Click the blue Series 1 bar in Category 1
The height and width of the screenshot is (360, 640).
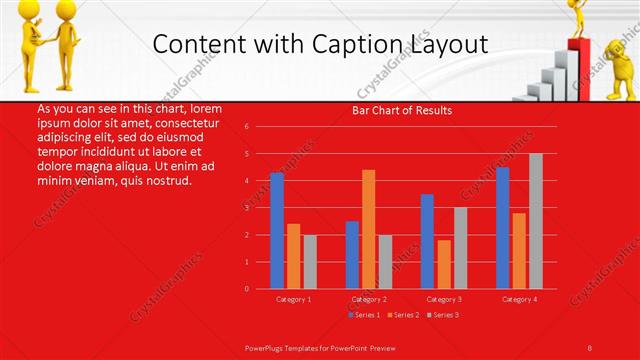[277, 230]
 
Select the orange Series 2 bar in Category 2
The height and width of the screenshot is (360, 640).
[368, 229]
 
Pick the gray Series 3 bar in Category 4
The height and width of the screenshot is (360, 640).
[535, 221]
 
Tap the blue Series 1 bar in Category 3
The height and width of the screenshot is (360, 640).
[427, 241]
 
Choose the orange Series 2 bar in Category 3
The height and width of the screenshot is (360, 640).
[444, 264]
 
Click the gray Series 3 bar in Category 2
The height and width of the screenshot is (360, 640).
[385, 261]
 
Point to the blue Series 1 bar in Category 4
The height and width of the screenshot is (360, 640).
[502, 227]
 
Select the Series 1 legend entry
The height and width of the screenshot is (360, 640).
[363, 315]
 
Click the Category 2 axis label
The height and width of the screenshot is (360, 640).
[369, 299]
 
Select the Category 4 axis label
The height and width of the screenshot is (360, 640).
[519, 299]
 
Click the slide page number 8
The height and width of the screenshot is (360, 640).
[590, 347]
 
